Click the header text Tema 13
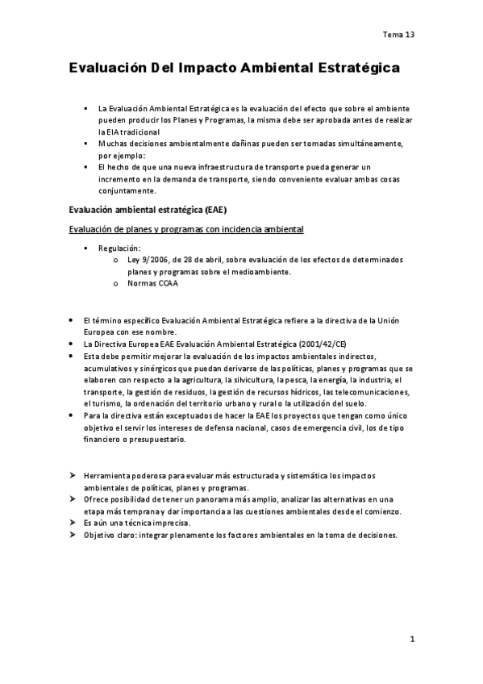point(398,35)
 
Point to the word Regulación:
point(119,248)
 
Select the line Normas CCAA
point(152,283)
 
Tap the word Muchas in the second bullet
point(110,143)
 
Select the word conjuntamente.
point(127,191)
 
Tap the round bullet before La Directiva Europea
point(73,344)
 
